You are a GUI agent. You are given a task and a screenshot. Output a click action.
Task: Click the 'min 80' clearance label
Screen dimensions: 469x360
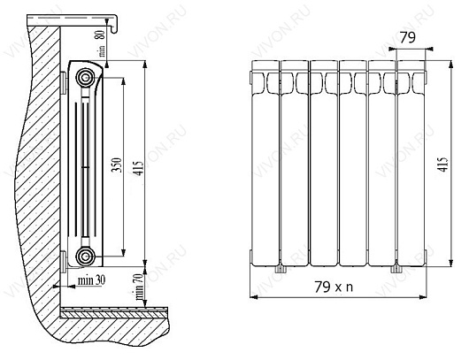(x=102, y=43)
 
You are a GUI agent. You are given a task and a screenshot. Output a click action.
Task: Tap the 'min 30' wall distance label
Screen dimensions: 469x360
(x=91, y=280)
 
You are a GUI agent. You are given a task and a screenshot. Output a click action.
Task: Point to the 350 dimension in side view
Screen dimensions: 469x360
(x=116, y=165)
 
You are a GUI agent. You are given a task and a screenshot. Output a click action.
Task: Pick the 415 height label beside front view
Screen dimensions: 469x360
(x=444, y=165)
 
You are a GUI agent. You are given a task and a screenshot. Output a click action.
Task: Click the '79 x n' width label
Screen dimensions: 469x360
(x=334, y=287)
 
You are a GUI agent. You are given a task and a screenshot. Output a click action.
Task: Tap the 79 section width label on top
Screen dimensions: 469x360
(x=408, y=38)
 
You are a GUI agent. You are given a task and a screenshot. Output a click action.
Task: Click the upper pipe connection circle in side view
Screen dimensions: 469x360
(x=86, y=78)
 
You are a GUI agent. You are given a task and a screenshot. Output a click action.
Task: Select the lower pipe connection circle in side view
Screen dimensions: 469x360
(x=86, y=257)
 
